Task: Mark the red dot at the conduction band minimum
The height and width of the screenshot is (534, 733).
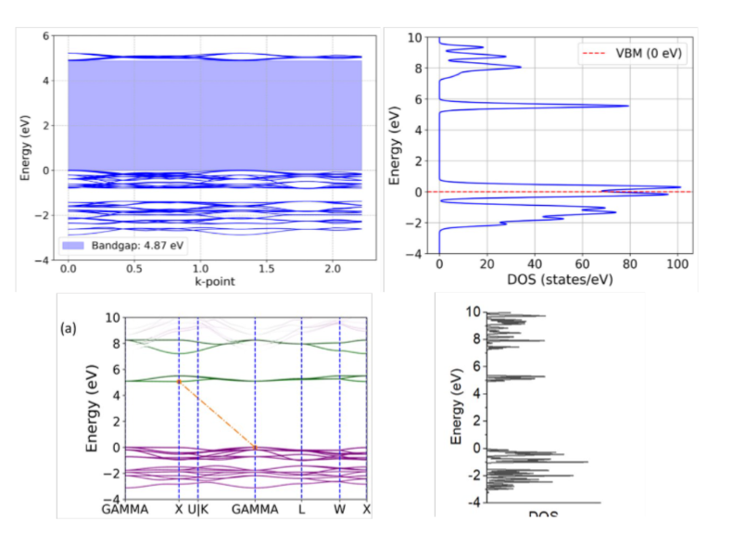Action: coord(179,380)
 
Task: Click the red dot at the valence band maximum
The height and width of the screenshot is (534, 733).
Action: coord(255,447)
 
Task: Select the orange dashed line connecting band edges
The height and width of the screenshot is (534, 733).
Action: coord(217,413)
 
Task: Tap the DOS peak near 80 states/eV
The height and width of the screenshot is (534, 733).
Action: coord(627,106)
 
